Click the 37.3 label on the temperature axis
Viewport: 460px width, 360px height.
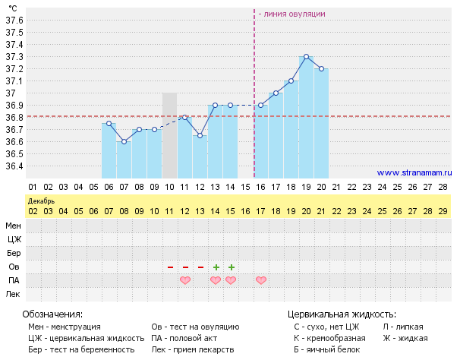tap(14, 56)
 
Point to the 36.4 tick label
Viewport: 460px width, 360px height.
tap(14, 166)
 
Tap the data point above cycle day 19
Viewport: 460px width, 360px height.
tap(306, 56)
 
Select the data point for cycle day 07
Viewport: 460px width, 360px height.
tap(124, 141)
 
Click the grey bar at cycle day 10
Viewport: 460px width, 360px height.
tap(169, 137)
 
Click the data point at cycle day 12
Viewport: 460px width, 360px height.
tap(200, 135)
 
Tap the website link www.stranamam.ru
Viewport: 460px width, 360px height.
tap(414, 172)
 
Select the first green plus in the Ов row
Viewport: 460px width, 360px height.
tap(216, 267)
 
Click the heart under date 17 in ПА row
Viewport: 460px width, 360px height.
tap(261, 280)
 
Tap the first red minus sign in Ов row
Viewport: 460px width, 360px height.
tap(170, 267)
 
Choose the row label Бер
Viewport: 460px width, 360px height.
tap(14, 252)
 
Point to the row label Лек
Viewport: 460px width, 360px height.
tap(14, 293)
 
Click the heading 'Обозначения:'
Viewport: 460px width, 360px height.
tap(52, 314)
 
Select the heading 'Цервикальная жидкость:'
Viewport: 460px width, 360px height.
tap(342, 314)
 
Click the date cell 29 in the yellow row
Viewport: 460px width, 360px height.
tap(443, 210)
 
